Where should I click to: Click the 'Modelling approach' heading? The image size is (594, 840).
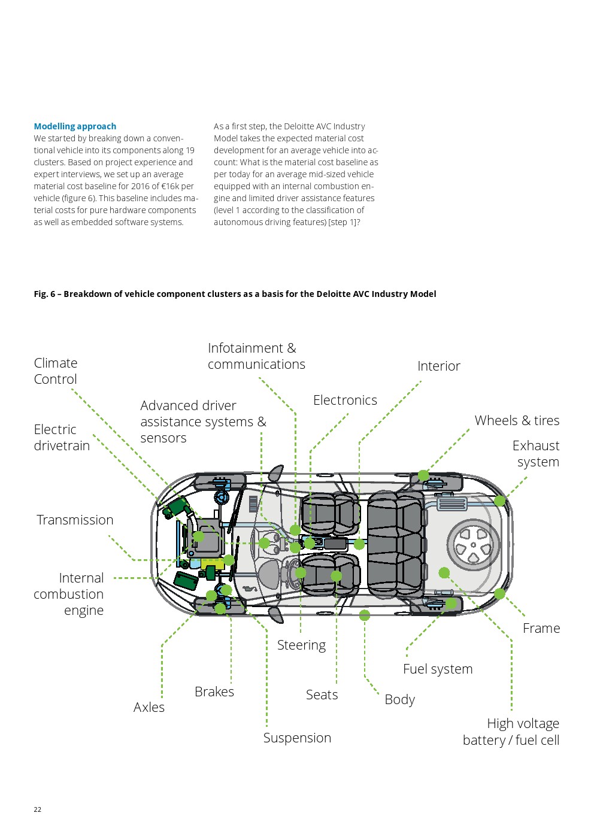(x=75, y=126)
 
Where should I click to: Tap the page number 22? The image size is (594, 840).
(x=38, y=809)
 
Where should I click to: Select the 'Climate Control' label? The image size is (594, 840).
(x=56, y=371)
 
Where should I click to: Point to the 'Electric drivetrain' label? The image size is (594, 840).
(x=62, y=438)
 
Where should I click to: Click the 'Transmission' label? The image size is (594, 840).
(x=75, y=520)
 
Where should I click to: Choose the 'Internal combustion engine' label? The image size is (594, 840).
(x=69, y=594)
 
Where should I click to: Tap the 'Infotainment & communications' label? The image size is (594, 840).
(x=256, y=356)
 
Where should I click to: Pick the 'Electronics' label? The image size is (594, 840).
(x=345, y=400)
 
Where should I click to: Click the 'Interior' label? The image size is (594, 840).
(x=439, y=366)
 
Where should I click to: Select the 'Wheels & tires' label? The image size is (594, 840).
(x=517, y=420)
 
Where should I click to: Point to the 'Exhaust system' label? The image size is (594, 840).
(x=537, y=454)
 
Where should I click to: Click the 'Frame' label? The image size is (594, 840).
(x=541, y=628)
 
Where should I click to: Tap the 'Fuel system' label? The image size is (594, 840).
(x=438, y=669)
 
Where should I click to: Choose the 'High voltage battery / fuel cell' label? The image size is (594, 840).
(x=512, y=732)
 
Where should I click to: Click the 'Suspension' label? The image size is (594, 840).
(x=297, y=738)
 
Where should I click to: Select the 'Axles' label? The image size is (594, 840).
(x=149, y=707)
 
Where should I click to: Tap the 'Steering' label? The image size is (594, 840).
(x=301, y=645)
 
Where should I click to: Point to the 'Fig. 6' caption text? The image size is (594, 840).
(x=235, y=294)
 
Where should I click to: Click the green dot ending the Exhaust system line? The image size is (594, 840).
(x=500, y=501)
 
